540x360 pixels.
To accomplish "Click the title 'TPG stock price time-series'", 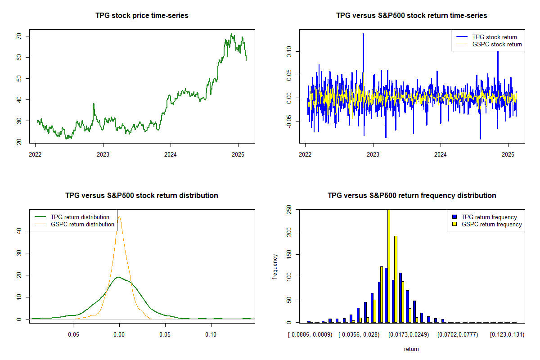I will coord(142,15).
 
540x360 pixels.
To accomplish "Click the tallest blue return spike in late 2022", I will coord(363,34).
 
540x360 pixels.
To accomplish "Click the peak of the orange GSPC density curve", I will coord(119,217).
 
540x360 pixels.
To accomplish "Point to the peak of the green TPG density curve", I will coord(118,277).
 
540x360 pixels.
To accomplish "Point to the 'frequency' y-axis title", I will coord(275,266).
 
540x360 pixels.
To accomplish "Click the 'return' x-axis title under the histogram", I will coord(411,349).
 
